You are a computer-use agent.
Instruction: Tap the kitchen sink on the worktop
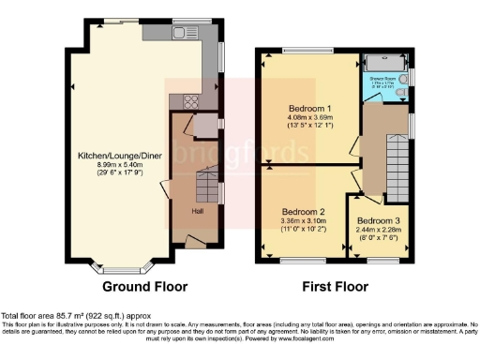tap(180, 33)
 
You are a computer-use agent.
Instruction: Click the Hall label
tap(199, 211)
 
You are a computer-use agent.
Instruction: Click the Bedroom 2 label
tap(303, 211)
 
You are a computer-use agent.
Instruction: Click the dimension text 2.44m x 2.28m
tap(382, 229)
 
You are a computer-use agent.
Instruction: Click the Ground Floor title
tap(144, 287)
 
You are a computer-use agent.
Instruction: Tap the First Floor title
tap(336, 287)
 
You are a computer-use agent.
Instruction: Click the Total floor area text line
tap(75, 316)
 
